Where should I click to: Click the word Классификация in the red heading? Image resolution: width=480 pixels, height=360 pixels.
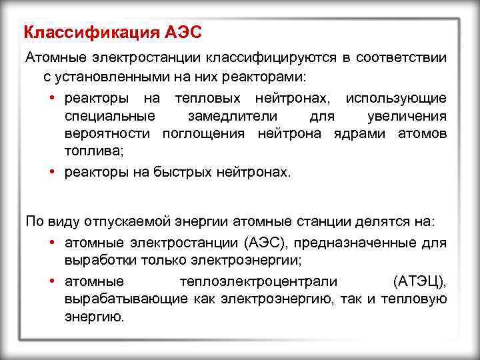pyautogui.click(x=90, y=33)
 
